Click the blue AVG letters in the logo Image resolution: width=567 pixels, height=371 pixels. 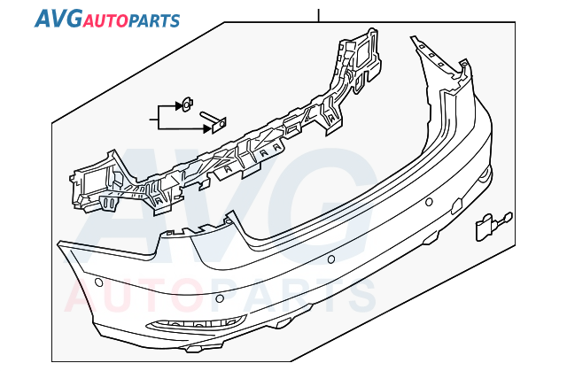click(x=58, y=19)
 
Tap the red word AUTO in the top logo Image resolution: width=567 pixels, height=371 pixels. click(x=105, y=21)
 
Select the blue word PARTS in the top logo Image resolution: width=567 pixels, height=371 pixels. click(x=154, y=21)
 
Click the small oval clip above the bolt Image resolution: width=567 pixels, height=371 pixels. click(x=187, y=104)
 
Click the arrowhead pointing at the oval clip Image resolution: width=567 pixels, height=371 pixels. click(x=179, y=106)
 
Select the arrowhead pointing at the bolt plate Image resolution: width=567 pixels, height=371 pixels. click(x=207, y=128)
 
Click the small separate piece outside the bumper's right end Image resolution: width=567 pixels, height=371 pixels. click(x=493, y=225)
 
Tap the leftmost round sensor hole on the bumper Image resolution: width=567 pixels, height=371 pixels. click(x=98, y=282)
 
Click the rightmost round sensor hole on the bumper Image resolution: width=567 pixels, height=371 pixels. click(x=429, y=202)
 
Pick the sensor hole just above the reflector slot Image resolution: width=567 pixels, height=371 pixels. click(x=220, y=298)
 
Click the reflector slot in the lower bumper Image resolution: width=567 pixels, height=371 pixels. click(x=197, y=322)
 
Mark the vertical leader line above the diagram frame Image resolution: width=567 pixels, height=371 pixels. click(x=319, y=15)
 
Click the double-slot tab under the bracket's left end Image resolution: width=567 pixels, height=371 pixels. click(x=109, y=203)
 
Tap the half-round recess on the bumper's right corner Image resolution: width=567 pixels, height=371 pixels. click(x=485, y=174)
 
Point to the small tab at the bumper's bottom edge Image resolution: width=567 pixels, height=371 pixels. click(x=193, y=349)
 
